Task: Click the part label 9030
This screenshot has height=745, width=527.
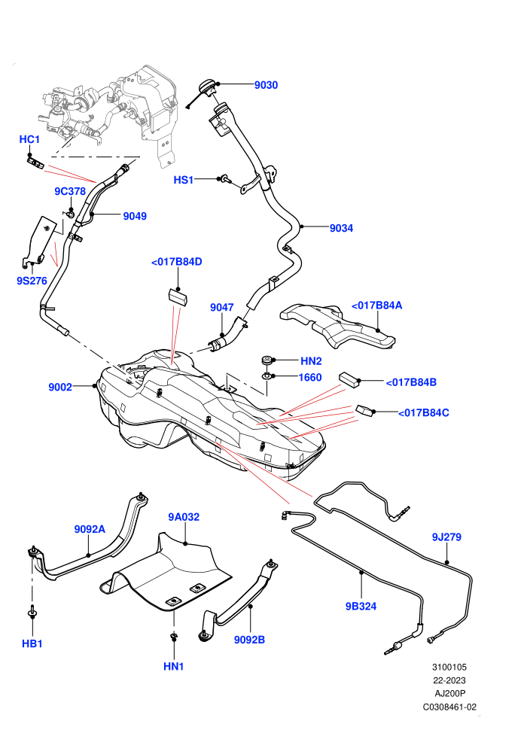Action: tap(266, 85)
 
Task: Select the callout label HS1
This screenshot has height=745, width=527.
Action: tap(184, 180)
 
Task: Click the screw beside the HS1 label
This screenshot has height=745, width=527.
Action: tap(224, 179)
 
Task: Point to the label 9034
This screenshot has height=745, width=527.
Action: tap(341, 228)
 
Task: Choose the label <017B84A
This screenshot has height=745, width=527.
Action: tap(377, 305)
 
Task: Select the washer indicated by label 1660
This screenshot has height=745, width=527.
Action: tap(268, 377)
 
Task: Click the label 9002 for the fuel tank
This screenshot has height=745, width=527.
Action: tap(60, 388)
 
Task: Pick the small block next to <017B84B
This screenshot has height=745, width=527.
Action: tap(350, 379)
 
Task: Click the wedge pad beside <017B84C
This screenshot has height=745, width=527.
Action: tap(366, 410)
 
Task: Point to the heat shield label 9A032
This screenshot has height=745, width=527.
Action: tap(184, 517)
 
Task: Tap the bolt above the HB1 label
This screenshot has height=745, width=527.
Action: tap(32, 612)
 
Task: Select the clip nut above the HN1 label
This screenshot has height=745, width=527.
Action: tap(173, 637)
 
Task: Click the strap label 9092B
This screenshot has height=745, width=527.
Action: tap(249, 640)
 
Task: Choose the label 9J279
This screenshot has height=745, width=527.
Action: tap(446, 537)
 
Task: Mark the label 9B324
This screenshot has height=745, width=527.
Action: tap(361, 607)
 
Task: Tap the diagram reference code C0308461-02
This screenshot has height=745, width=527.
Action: tap(449, 707)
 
